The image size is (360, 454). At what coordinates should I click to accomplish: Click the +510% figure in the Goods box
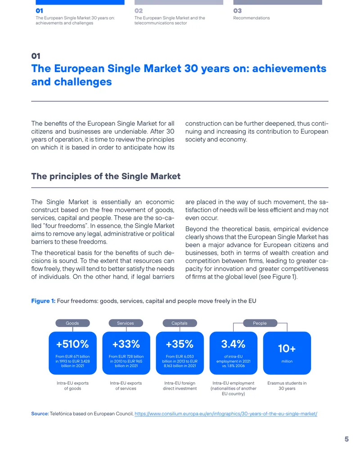pyautogui.click(x=72, y=344)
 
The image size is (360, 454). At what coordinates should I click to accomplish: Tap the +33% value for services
pyautogui.click(x=126, y=344)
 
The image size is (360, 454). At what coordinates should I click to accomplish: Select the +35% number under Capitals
pyautogui.click(x=180, y=344)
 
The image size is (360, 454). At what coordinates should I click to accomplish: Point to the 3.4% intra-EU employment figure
pyautogui.click(x=233, y=344)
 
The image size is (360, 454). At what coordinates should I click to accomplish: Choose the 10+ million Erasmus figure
pyautogui.click(x=287, y=348)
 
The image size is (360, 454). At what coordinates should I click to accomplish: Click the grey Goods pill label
pyautogui.click(x=72, y=323)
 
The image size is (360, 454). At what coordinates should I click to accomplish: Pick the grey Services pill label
pyautogui.click(x=126, y=323)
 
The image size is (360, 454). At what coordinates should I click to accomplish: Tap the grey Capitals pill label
pyautogui.click(x=180, y=323)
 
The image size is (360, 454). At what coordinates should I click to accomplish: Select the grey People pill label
pyautogui.click(x=260, y=323)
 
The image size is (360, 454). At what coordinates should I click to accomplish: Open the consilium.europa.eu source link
pyautogui.click(x=226, y=414)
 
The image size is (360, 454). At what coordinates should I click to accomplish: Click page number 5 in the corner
pyautogui.click(x=346, y=439)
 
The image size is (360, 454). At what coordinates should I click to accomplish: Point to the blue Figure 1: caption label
pyautogui.click(x=43, y=301)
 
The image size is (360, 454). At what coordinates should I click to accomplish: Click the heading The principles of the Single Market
pyautogui.click(x=106, y=177)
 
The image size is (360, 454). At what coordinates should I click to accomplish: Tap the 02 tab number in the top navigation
pyautogui.click(x=139, y=11)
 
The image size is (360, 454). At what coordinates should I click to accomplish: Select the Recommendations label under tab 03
pyautogui.click(x=252, y=18)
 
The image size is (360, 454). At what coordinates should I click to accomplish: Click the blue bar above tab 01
pyautogui.click(x=80, y=2)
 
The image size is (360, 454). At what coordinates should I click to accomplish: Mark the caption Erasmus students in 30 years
pyautogui.click(x=287, y=386)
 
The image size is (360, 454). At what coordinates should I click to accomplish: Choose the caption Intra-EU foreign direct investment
pyautogui.click(x=180, y=386)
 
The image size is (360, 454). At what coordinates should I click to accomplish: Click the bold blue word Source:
pyautogui.click(x=40, y=414)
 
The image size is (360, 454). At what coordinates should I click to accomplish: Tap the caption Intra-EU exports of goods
pyautogui.click(x=72, y=386)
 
